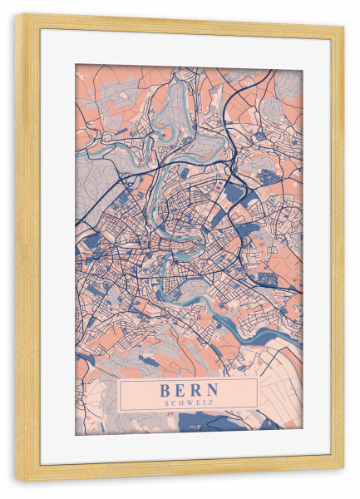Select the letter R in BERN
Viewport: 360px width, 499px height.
(x=197, y=388)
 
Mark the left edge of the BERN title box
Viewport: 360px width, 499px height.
(x=120, y=394)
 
